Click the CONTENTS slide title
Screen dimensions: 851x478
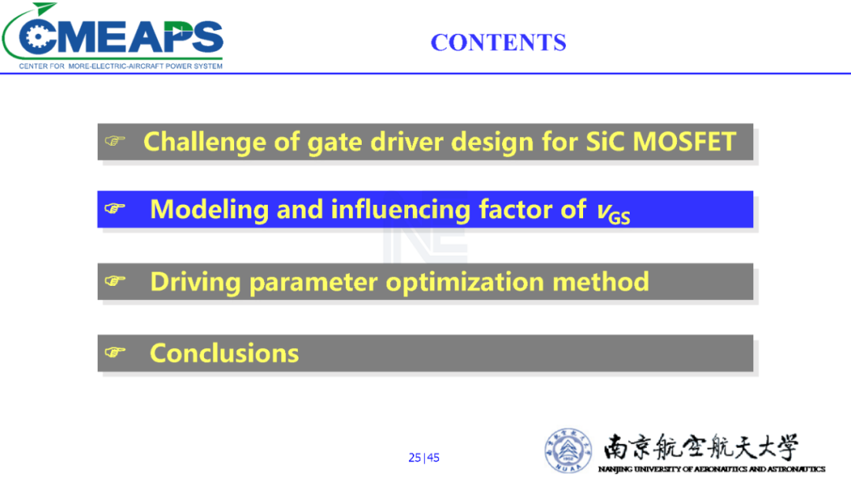[x=498, y=43]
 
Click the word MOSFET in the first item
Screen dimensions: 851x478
[x=684, y=142]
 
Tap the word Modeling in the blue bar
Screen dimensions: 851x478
[x=209, y=210]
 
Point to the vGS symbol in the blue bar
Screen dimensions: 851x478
[x=613, y=212]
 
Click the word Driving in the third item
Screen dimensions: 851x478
[x=195, y=283]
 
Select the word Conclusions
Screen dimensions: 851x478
[x=224, y=354]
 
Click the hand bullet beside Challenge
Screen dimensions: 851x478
[x=115, y=141]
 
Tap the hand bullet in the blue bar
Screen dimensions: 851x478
[x=115, y=209]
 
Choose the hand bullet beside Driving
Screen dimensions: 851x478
[x=115, y=280]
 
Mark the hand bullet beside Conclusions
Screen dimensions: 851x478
[x=115, y=352]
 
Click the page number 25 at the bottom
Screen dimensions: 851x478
[x=414, y=458]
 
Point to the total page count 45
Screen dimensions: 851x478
[x=433, y=458]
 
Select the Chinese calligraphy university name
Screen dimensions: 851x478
[x=700, y=447]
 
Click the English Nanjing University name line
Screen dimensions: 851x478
[x=712, y=469]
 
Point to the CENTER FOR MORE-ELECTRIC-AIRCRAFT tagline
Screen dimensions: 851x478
[x=121, y=66]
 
